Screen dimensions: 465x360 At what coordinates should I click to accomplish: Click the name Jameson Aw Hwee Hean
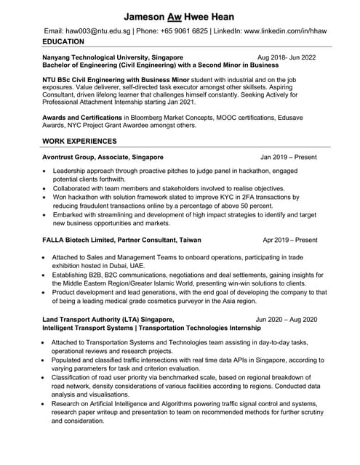click(179, 16)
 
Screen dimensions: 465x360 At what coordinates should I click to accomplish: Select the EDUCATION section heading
click(63, 42)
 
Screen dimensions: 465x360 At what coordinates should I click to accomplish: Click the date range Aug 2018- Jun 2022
click(287, 57)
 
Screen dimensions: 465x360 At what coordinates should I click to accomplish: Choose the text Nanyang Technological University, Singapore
click(113, 57)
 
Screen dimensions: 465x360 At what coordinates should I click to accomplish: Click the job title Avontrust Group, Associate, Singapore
click(103, 157)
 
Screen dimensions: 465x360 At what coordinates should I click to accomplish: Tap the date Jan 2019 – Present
click(289, 157)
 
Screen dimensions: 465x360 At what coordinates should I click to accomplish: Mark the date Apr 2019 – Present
click(289, 239)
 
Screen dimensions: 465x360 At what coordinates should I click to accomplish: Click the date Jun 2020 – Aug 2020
click(287, 319)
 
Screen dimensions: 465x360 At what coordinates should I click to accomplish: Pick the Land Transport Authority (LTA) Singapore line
click(108, 319)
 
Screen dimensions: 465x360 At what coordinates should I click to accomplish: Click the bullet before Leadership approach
click(46, 171)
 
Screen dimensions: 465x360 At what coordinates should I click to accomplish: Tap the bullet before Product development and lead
click(46, 292)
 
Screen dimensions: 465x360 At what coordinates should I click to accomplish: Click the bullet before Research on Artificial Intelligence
click(46, 403)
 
